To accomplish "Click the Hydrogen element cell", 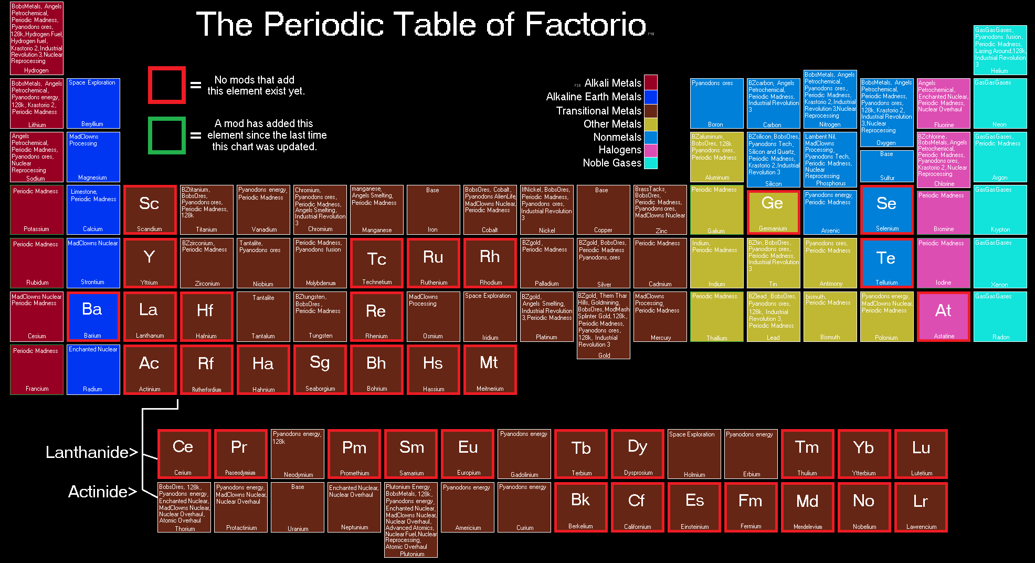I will pyautogui.click(x=37, y=38).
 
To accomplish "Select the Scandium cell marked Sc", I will pyautogui.click(x=150, y=210).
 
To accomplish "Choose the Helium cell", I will pyautogui.click(x=1000, y=50).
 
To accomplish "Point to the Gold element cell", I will pyautogui.click(x=604, y=325).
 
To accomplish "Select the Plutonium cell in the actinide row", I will pyautogui.click(x=411, y=520).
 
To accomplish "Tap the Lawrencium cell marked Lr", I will pyautogui.click(x=921, y=507).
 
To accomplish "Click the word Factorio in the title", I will pyautogui.click(x=585, y=24).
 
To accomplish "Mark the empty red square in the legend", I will pyautogui.click(x=167, y=85).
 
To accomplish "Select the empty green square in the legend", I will pyautogui.click(x=167, y=135).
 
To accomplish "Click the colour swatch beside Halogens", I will pyautogui.click(x=650, y=150).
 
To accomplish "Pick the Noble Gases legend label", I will pyautogui.click(x=612, y=163).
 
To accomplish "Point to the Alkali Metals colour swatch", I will pyautogui.click(x=650, y=82).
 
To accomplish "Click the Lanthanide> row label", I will pyautogui.click(x=91, y=452).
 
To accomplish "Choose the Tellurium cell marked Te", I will pyautogui.click(x=886, y=263).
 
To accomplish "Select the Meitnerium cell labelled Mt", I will pyautogui.click(x=490, y=369).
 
